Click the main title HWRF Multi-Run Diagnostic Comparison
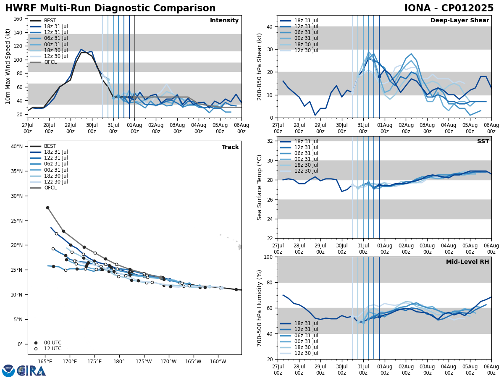[110, 8]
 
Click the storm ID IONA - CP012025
[449, 8]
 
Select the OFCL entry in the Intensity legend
[50, 62]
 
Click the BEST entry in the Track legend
[50, 146]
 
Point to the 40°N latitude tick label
[16, 147]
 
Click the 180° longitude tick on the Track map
[119, 361]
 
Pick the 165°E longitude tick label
[45, 361]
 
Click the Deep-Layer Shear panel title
[459, 21]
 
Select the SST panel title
[483, 142]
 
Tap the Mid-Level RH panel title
[467, 262]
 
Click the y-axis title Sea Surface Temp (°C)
[260, 187]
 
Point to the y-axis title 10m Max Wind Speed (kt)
[8, 66]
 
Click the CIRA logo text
[31, 371]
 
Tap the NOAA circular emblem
[8, 371]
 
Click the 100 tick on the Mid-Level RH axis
[269, 257]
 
